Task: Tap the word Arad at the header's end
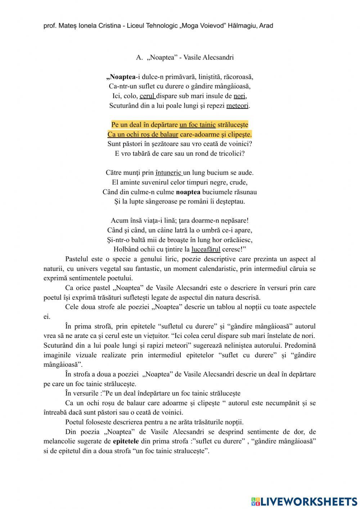click(266, 26)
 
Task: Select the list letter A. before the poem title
click(139, 58)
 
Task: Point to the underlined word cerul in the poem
click(147, 96)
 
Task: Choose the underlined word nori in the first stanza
click(239, 96)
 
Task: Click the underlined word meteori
click(237, 106)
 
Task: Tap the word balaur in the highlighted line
click(169, 134)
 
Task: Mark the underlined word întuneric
click(168, 173)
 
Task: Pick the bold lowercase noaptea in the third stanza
click(188, 192)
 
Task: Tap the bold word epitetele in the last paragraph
click(126, 441)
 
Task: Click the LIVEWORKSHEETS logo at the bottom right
click(304, 501)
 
